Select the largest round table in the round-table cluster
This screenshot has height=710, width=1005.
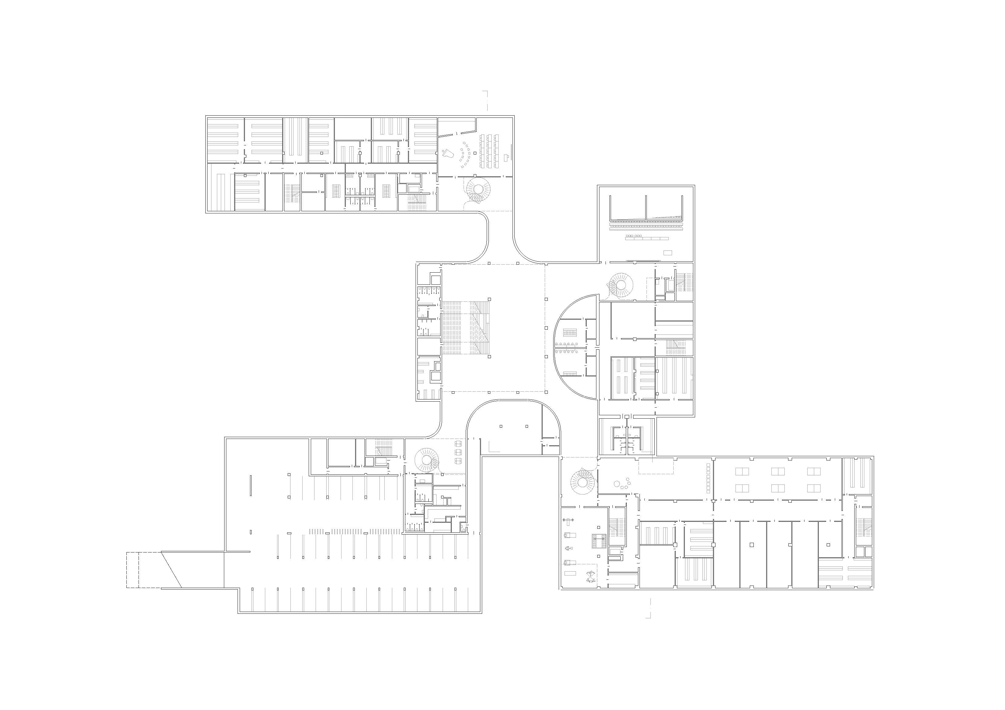617,484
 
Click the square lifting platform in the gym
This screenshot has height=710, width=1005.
599,541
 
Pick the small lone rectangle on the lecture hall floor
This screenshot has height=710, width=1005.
667,253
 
